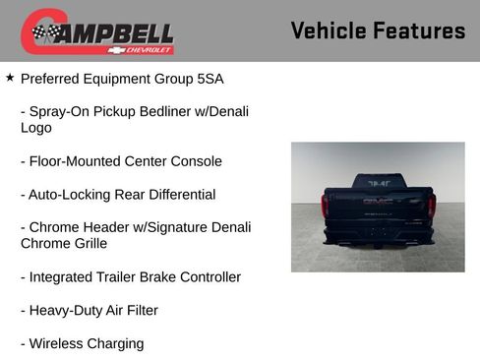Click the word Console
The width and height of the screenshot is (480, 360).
pyautogui.click(x=196, y=161)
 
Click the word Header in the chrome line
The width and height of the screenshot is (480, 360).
pyautogui.click(x=101, y=227)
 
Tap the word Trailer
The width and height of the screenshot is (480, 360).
pyautogui.click(x=124, y=277)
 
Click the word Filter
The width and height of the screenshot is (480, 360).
pyautogui.click(x=138, y=311)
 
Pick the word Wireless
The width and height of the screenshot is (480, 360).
pyautogui.click(x=57, y=344)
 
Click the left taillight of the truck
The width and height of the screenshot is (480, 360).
pyautogui.click(x=327, y=206)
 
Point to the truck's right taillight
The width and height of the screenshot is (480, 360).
pyautogui.click(x=430, y=206)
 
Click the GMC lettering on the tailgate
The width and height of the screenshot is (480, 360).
pyautogui.click(x=378, y=201)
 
